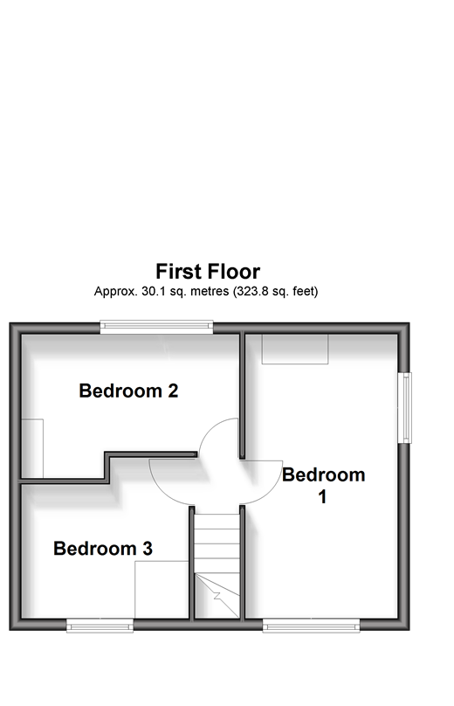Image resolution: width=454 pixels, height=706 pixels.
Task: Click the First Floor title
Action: pos(208,272)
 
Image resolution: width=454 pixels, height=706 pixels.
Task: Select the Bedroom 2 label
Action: pos(128,391)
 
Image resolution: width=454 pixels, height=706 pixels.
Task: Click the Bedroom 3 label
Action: pos(103,548)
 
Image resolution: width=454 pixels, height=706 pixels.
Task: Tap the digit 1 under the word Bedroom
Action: pos(322,497)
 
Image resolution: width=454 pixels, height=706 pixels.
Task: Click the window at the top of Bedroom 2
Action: pos(156,327)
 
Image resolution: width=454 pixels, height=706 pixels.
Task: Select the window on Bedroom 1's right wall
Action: pos(404,407)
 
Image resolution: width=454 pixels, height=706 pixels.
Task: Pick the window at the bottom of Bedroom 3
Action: pos(100,625)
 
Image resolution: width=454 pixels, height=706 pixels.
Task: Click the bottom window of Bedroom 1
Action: pos(311,625)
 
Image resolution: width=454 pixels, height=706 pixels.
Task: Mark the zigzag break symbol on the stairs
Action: pos(219,596)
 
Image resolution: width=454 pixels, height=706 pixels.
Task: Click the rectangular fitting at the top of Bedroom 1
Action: pos(295,349)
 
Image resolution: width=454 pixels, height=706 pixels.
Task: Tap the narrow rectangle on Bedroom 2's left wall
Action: pos(32,448)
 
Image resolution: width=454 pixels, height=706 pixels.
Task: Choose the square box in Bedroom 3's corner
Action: pos(162,590)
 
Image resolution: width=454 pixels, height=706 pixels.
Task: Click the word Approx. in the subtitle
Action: pos(115,292)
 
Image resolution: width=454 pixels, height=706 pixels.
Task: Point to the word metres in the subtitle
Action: pos(210,291)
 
